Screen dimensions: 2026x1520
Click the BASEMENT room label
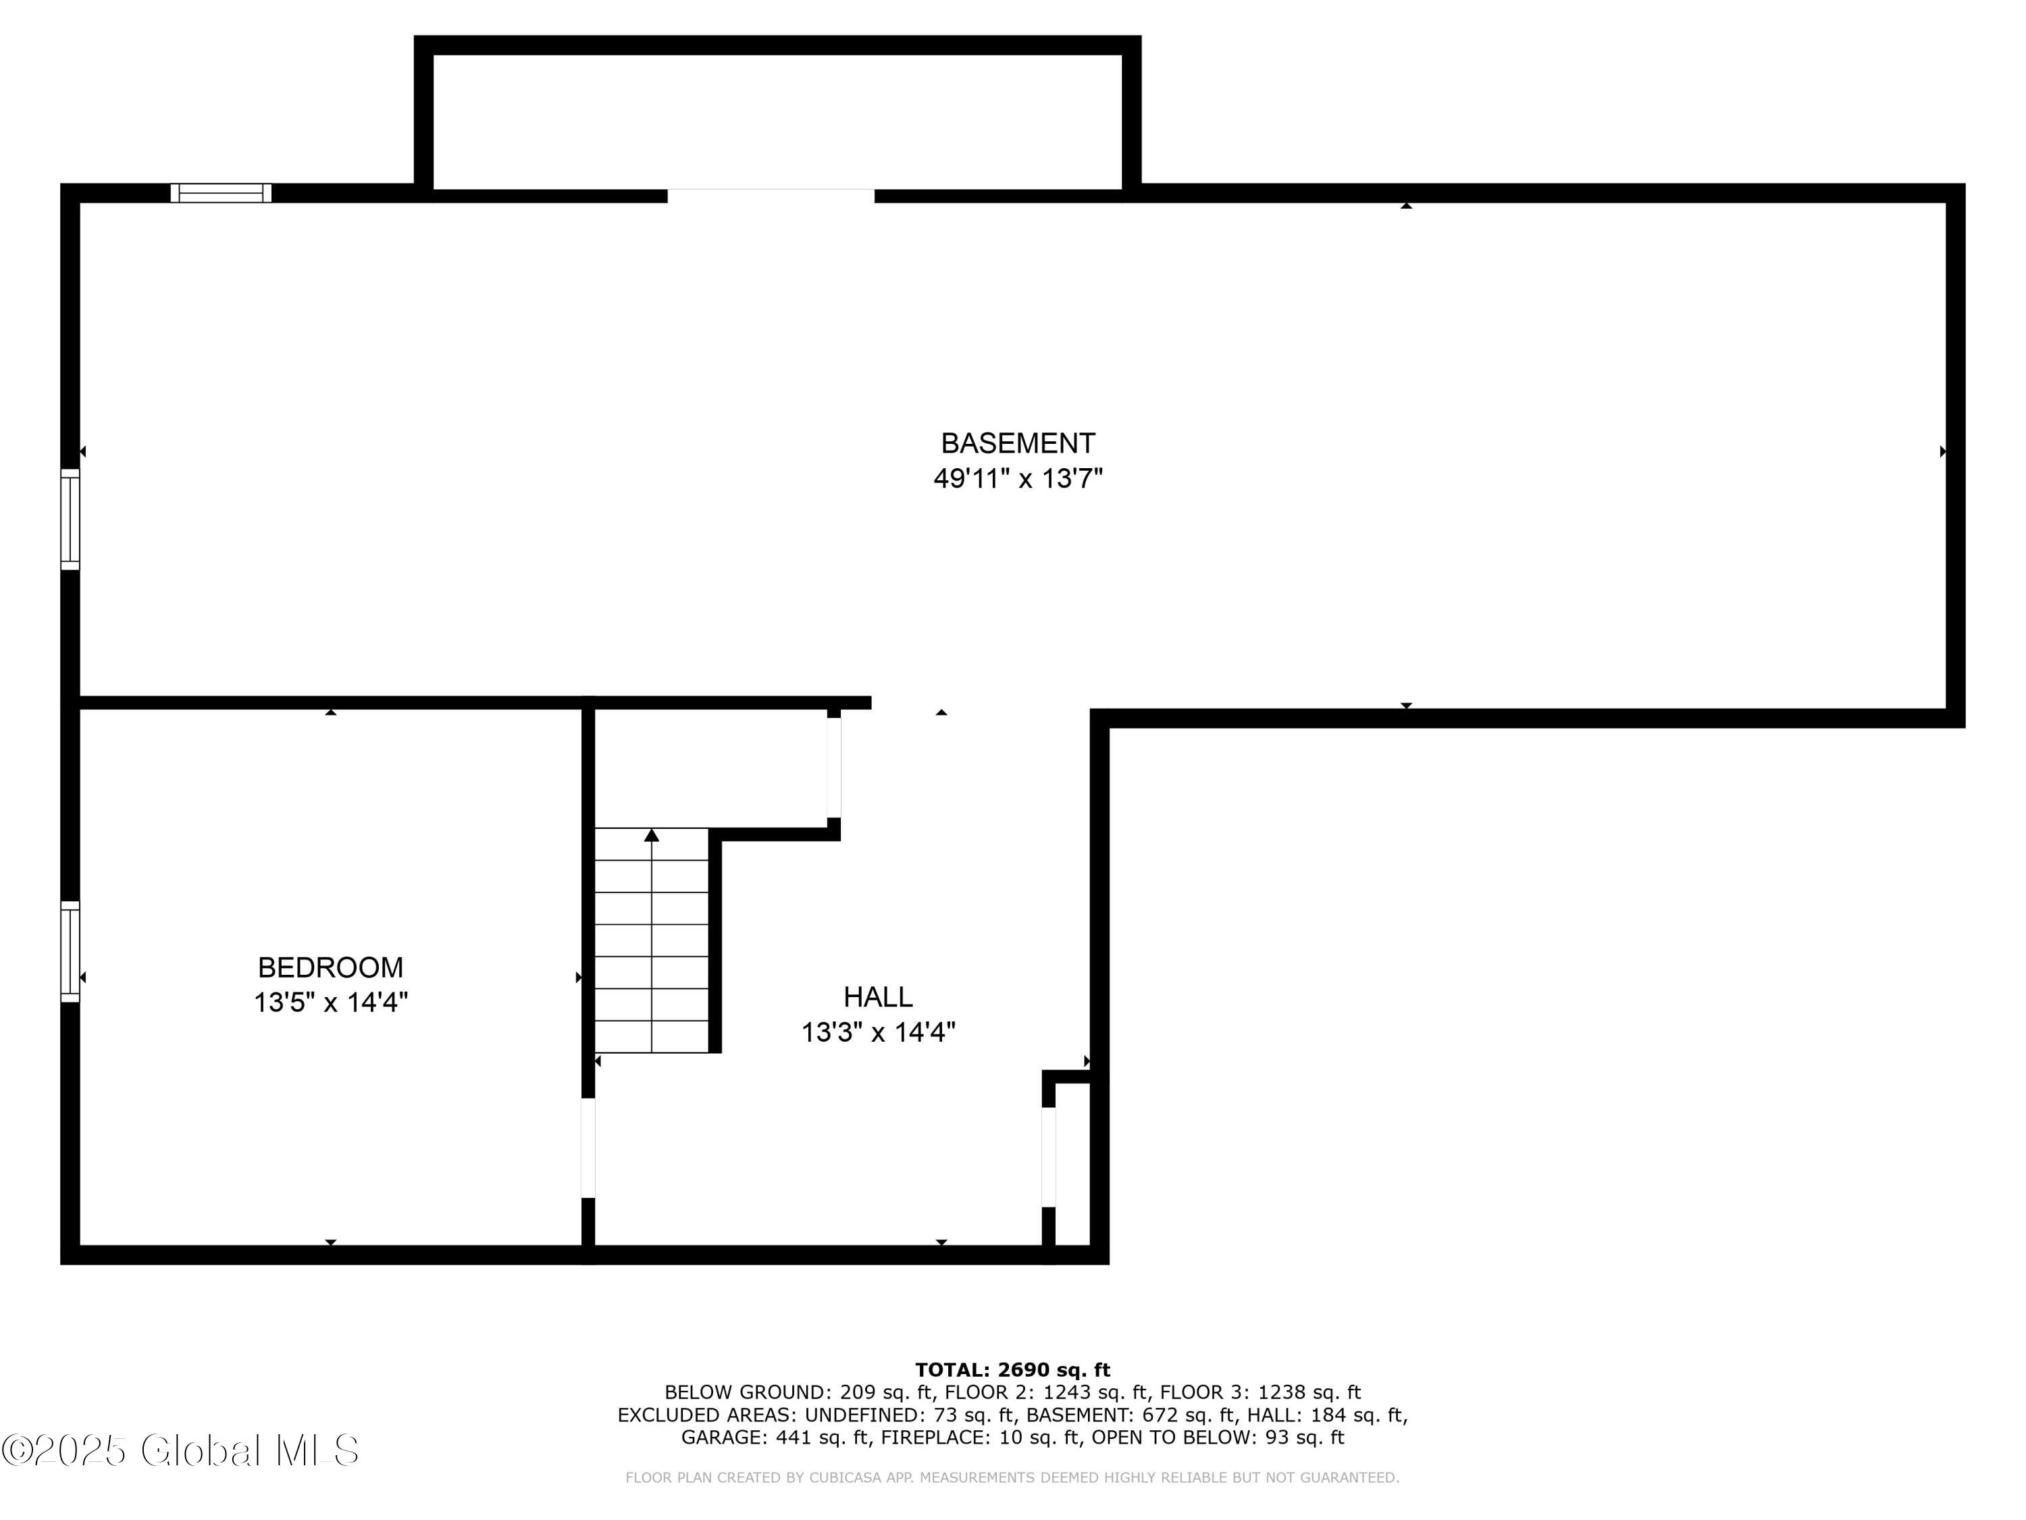pos(1018,443)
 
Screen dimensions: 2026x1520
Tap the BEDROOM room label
pos(331,967)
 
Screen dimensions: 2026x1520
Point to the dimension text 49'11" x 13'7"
pos(1018,478)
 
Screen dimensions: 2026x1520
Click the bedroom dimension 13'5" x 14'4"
pos(331,1003)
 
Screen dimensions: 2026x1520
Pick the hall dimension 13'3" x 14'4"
pos(879,1032)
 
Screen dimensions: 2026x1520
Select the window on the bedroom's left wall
pos(70,952)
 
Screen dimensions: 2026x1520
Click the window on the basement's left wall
pos(70,520)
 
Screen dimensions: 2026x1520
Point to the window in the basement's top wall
pos(221,193)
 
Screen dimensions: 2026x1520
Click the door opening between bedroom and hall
pos(588,1148)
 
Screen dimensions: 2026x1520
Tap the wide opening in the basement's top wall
pos(771,195)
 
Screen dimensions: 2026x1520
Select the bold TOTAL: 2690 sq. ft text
pos(1012,1370)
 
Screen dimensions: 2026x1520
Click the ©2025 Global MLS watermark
pos(180,1450)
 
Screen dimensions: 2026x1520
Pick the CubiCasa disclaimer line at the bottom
pos(1012,1477)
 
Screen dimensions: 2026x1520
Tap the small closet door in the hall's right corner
pos(1049,1157)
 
